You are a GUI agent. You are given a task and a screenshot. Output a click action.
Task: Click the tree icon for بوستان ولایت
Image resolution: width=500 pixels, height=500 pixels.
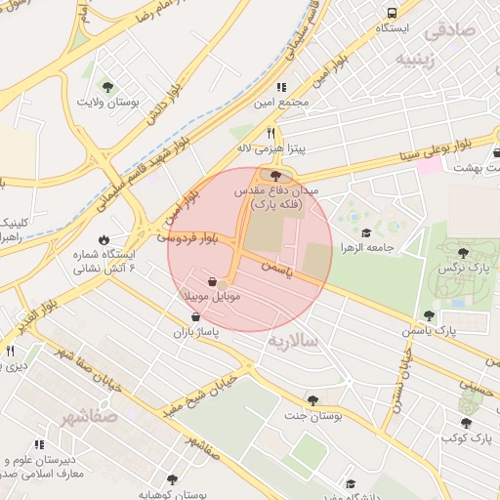pos(107,87)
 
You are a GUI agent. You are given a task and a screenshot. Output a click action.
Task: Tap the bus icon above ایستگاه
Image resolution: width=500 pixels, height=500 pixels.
pos(392,13)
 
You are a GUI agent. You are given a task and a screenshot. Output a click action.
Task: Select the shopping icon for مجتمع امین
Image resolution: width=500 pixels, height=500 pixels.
pos(282,87)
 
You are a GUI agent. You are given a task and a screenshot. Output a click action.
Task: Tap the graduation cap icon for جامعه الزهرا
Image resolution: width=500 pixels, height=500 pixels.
pos(366,232)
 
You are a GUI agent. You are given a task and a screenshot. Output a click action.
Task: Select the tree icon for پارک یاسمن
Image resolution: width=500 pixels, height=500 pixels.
pos(428,315)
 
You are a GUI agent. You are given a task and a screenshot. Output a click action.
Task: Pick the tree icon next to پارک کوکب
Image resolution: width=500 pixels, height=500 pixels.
pos(466,423)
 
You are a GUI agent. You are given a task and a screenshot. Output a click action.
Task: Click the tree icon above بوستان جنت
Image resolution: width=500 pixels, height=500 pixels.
pos(312,399)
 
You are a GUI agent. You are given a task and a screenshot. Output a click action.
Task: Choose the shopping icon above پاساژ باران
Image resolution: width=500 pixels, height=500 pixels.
pos(197,317)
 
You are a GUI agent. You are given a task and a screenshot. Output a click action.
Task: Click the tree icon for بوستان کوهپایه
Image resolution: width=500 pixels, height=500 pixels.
pos(172,479)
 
